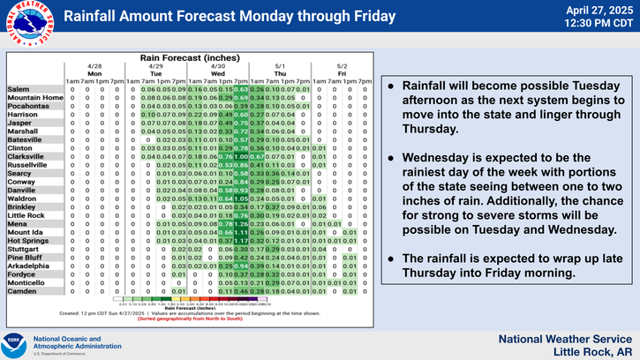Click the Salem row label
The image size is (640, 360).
(19, 90)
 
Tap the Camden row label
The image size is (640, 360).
(22, 290)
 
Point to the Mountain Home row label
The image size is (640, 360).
(35, 97)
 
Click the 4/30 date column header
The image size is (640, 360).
(218, 66)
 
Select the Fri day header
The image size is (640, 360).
(342, 73)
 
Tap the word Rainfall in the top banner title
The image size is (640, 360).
(94, 16)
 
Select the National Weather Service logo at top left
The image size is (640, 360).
(27, 26)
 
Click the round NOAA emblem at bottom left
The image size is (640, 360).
(14, 343)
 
